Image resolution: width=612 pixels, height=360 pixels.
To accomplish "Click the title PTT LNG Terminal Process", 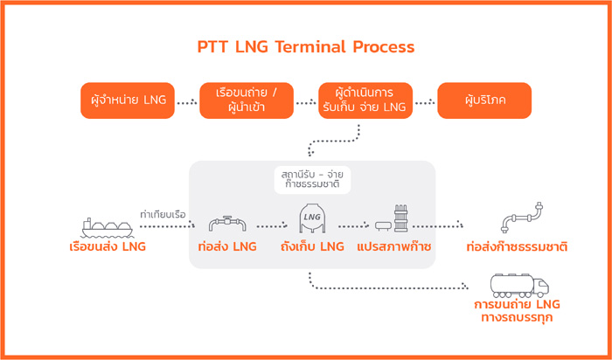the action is pos(306,47).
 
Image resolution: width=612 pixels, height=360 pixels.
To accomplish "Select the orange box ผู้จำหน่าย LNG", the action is pos(128,100).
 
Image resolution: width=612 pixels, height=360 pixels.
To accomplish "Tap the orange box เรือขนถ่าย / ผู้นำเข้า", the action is pos(247,100).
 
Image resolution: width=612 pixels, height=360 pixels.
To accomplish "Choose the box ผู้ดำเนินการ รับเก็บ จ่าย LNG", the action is pos(365,100).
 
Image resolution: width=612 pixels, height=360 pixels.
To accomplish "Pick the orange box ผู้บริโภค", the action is pos(484,100).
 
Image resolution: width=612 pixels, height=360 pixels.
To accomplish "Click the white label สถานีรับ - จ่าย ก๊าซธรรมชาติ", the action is pos(312,180).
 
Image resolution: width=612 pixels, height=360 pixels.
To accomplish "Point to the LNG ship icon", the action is pos(108,228).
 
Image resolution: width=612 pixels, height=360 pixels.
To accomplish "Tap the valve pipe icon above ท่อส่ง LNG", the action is pos(227,224).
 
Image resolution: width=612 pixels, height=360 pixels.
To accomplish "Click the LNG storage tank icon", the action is pos(312,218).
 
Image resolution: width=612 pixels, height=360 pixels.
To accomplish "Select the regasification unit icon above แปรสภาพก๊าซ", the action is pos(392,219).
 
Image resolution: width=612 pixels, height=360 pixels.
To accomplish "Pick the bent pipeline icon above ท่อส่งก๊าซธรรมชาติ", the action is pos(522,218).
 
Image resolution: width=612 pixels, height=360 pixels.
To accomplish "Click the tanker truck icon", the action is pos(519,286).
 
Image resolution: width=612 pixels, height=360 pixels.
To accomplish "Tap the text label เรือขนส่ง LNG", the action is pos(108,247).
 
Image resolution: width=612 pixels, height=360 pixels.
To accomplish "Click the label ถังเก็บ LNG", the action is pos(312,246).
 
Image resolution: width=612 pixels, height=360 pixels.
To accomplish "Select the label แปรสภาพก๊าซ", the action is pos(393,246).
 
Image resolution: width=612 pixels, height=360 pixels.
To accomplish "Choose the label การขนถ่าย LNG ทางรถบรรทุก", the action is pos(517,311).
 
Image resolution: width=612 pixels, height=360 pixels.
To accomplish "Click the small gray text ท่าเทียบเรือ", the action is pos(163,215).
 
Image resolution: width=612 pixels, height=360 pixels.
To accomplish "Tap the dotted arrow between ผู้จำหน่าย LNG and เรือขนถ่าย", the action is pos(187,103).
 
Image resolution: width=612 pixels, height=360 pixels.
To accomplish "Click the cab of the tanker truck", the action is pos(541,287).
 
